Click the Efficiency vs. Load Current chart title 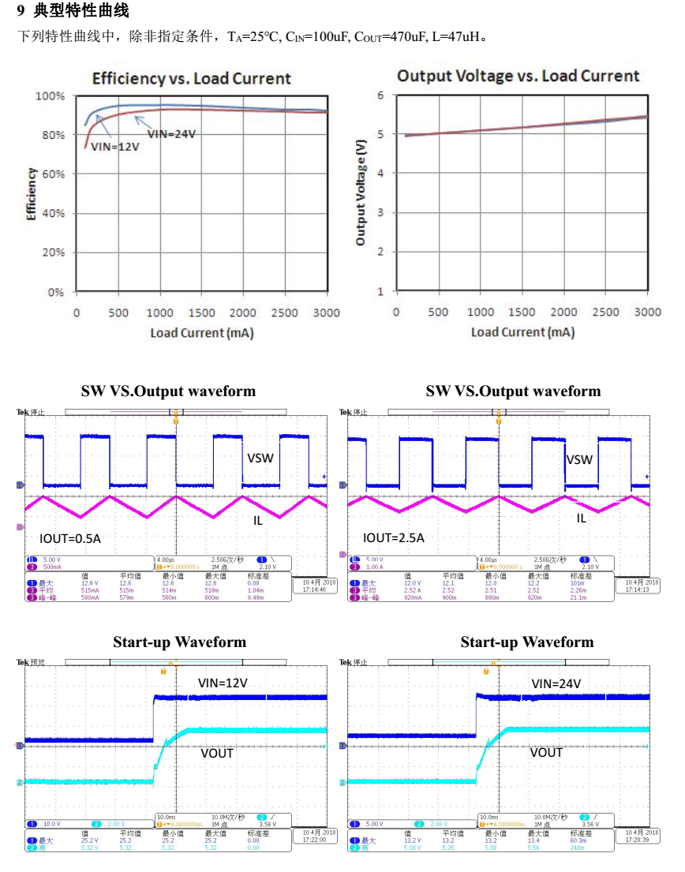click(192, 79)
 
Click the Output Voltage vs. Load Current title click(518, 76)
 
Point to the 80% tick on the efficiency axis click(52, 135)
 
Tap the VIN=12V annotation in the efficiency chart click(115, 146)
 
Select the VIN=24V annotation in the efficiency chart click(172, 133)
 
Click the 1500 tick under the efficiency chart click(201, 313)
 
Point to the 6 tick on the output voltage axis click(380, 95)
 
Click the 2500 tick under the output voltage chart click(606, 312)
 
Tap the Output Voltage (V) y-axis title click(361, 193)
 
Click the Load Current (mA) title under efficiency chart click(202, 333)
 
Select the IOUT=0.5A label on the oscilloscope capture click(70, 538)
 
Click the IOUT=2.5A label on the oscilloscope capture click(394, 538)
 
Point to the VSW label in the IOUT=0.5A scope click(261, 458)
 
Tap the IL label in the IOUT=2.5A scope click(581, 518)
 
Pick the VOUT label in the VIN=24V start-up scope click(546, 752)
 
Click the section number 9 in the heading click(21, 12)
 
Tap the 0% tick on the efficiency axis click(55, 292)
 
